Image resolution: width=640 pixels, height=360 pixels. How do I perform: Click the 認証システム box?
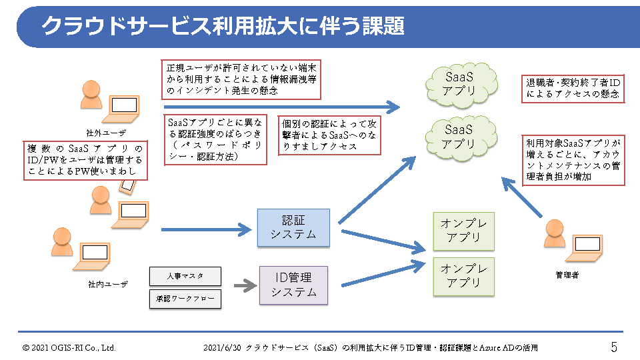point(293,227)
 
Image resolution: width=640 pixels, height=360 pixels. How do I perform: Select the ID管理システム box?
point(293,285)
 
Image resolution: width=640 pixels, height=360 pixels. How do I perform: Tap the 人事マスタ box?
point(185,275)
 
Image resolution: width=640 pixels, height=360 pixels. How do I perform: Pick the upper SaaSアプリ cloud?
point(459,83)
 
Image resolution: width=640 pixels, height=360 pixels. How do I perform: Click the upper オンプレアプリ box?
point(464,231)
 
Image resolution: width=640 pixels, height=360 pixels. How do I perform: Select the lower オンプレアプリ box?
point(464,275)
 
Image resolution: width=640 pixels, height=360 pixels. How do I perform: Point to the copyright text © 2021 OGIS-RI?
point(69,348)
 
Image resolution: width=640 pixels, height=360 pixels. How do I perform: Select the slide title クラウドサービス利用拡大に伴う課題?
point(223,27)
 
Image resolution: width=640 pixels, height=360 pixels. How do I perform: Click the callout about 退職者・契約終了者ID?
point(573,89)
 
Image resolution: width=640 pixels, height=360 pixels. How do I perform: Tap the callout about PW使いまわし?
point(85,160)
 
